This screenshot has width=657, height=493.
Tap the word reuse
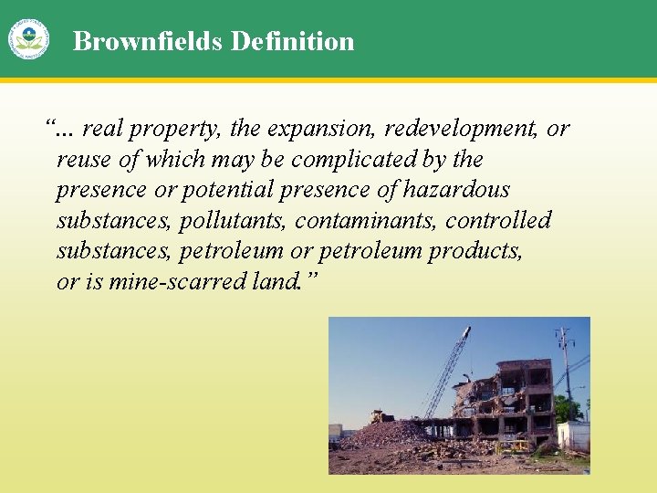click(x=84, y=161)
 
